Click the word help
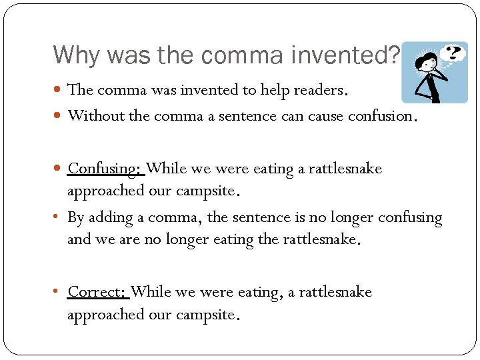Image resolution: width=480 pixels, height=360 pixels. point(275,89)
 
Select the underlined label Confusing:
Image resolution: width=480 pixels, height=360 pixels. point(105,169)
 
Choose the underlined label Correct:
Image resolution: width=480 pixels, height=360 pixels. point(97,292)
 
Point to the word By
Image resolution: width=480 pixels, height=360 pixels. point(76,218)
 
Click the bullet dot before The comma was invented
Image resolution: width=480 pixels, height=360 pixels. point(59,89)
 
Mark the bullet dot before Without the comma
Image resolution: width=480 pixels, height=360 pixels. point(59,116)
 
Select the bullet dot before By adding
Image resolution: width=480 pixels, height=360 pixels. point(59,218)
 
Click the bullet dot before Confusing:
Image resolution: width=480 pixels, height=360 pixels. point(59,169)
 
